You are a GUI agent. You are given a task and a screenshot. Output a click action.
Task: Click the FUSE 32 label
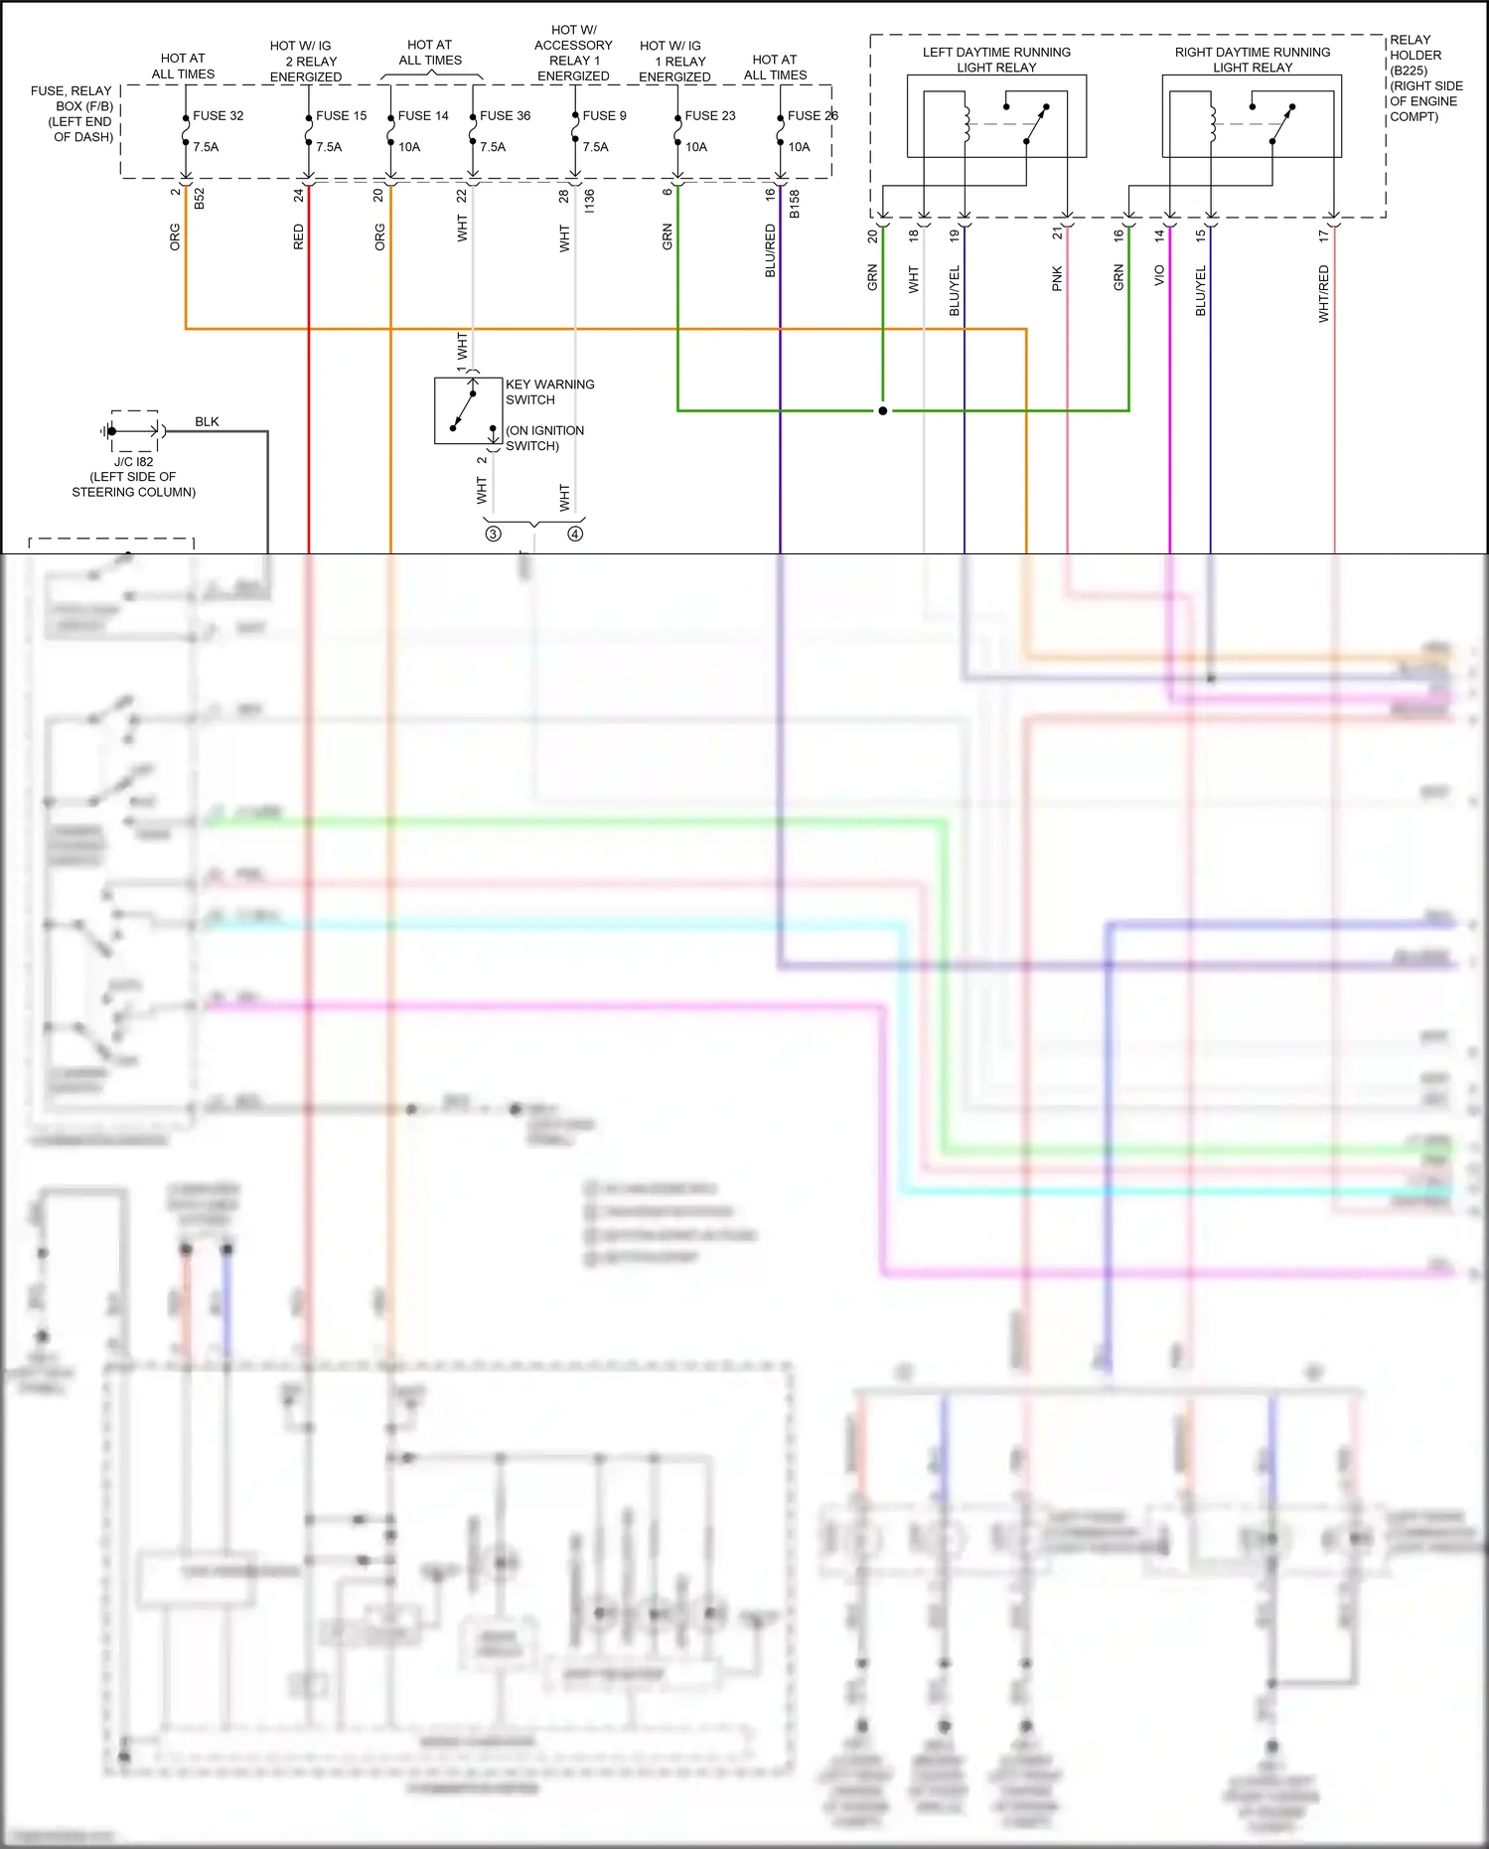click(218, 116)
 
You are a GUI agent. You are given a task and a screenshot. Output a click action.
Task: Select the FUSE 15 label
click(341, 116)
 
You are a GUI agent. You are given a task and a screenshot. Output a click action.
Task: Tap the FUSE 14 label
click(423, 116)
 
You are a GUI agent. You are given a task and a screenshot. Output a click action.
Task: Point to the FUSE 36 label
click(505, 116)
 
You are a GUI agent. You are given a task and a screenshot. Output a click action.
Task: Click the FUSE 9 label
click(604, 116)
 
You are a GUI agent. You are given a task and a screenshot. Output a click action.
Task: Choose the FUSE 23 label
click(709, 116)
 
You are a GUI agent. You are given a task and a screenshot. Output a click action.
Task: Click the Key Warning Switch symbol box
click(468, 410)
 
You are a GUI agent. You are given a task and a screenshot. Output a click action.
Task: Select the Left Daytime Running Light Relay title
click(996, 60)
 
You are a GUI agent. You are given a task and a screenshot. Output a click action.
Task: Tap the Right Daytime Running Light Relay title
click(1252, 60)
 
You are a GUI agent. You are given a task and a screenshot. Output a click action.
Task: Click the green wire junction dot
click(882, 410)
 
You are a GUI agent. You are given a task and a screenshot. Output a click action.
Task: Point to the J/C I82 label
click(133, 462)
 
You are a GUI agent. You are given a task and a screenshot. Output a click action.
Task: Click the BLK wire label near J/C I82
click(207, 422)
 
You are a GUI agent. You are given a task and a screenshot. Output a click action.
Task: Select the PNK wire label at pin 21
click(1057, 278)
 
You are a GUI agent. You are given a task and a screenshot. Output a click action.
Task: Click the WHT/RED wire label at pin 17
click(1323, 293)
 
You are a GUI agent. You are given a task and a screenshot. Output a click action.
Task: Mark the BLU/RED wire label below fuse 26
click(770, 250)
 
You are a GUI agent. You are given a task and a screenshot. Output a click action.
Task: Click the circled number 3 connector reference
click(493, 535)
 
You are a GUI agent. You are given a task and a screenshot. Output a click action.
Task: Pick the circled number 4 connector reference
click(575, 535)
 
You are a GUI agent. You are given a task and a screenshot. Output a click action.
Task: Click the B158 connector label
click(794, 204)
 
